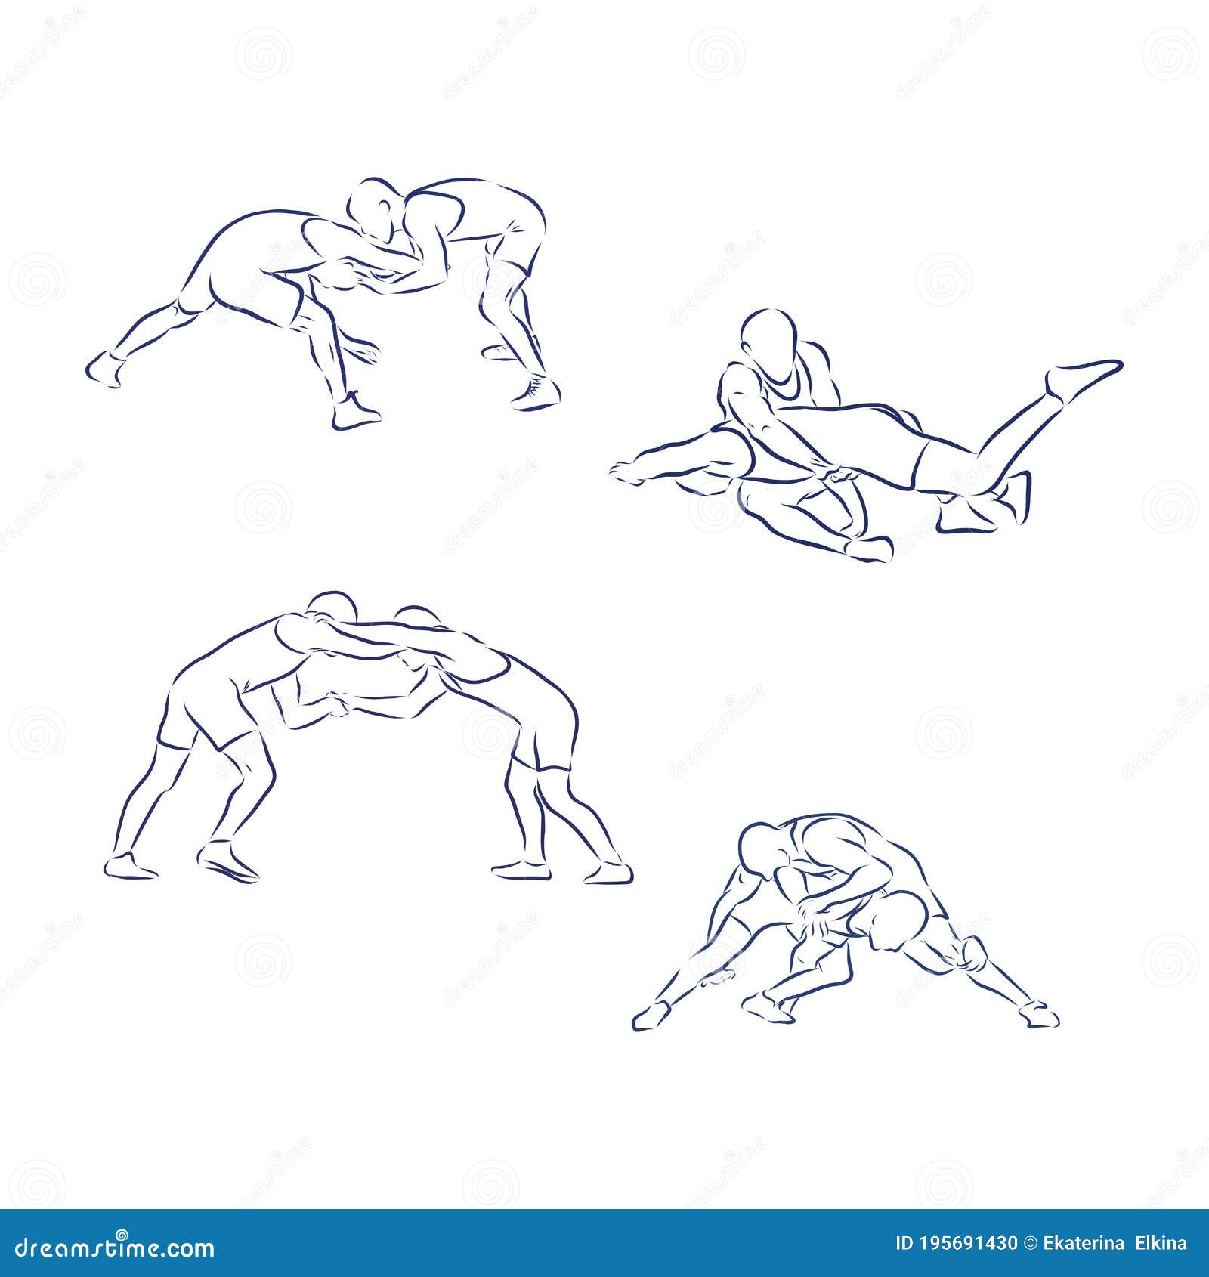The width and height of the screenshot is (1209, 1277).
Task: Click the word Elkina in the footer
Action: pyautogui.click(x=1162, y=1244)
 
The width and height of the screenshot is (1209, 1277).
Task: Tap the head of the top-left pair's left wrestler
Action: pyautogui.click(x=373, y=208)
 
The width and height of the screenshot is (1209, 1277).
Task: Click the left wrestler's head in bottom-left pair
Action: pyautogui.click(x=332, y=609)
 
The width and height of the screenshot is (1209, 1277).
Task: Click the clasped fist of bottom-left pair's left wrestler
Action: pyautogui.click(x=340, y=704)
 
